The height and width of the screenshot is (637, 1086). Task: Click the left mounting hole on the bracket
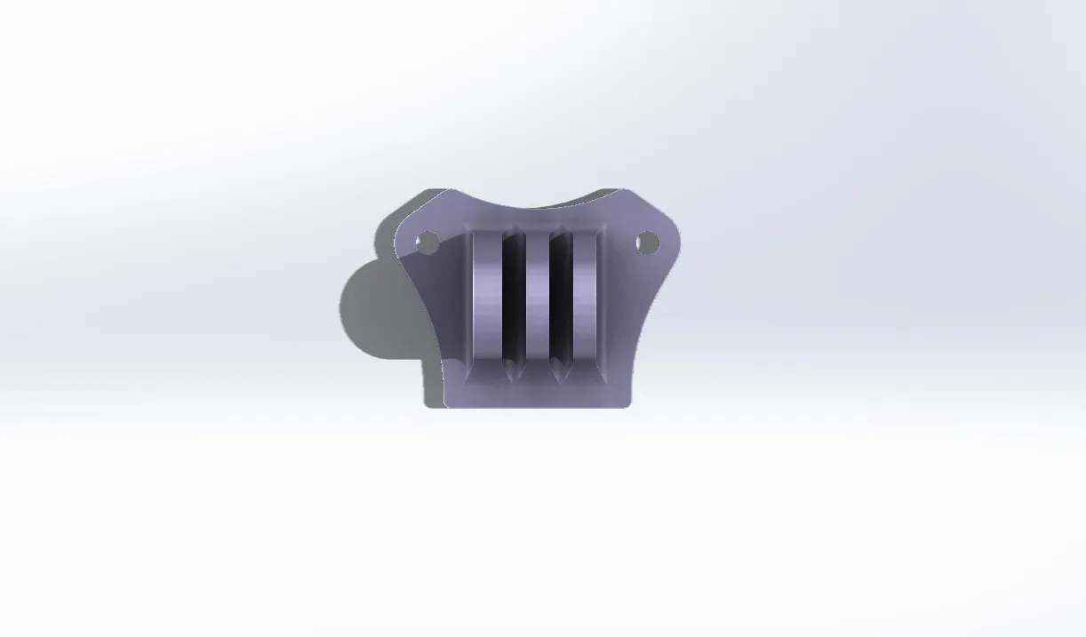[427, 243]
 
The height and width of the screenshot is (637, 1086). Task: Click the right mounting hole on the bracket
[647, 242]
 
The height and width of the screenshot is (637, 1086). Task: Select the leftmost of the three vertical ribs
[487, 298]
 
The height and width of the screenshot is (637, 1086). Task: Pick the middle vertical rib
[537, 298]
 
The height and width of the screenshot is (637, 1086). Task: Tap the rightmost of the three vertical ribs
[586, 298]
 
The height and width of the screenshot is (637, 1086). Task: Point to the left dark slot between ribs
[513, 298]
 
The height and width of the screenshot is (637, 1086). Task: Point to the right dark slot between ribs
[561, 298]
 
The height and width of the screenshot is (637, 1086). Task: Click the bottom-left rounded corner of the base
[448, 403]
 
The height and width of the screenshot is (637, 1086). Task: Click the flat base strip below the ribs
[537, 394]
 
